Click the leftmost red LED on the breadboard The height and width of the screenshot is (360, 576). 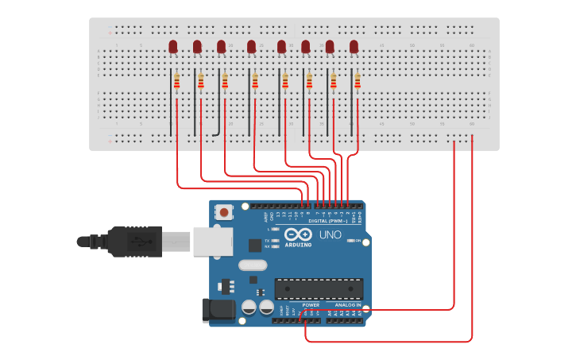(173, 47)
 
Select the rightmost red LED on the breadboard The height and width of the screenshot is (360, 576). (354, 47)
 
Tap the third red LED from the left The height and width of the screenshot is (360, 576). (222, 47)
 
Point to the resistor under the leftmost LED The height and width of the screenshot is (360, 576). (177, 81)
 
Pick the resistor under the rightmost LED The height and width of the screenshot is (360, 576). (358, 81)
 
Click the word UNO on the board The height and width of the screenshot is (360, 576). (330, 235)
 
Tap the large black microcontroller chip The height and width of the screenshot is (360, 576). (319, 289)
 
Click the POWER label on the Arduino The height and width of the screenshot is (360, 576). (311, 304)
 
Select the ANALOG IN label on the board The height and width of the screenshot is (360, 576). (347, 304)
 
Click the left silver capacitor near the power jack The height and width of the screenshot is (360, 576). (249, 307)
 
